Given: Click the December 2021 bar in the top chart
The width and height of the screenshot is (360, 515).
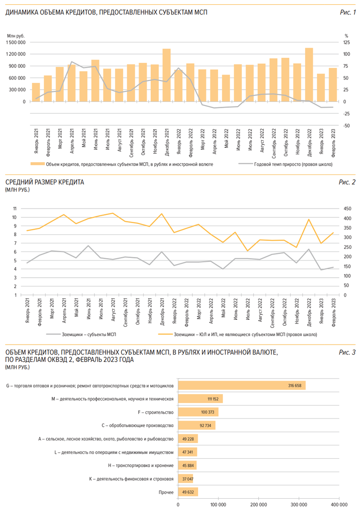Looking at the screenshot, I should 166,76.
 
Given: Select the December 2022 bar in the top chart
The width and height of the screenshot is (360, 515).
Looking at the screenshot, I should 309,75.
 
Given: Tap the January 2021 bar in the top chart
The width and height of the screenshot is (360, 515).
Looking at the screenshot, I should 36,92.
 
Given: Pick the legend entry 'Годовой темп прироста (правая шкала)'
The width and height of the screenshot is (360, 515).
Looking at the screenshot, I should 293,164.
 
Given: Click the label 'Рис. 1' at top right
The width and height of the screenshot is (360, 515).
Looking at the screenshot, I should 348,12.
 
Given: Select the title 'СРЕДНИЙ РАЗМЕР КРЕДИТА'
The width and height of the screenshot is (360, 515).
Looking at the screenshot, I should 45,182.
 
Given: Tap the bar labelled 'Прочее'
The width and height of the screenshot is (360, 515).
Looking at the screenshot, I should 188,491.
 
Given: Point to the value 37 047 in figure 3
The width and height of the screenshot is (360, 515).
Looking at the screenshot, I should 188,479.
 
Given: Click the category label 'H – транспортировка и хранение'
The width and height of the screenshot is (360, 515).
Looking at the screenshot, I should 141,465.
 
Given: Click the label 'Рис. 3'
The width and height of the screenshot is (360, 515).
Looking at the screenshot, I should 347,352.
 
